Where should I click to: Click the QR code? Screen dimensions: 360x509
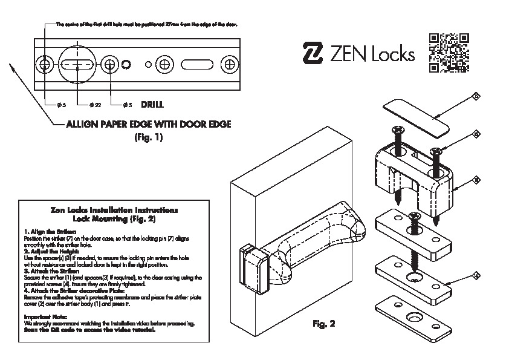tap(449, 53)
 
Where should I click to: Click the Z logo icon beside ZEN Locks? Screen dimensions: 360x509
tap(313, 54)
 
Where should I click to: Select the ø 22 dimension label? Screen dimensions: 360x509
tap(94, 105)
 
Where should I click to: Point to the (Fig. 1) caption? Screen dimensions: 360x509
tap(148, 137)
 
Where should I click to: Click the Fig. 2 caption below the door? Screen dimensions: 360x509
tap(323, 324)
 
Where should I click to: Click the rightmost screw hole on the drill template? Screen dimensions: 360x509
tap(229, 64)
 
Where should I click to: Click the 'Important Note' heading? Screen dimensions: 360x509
tap(46, 317)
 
